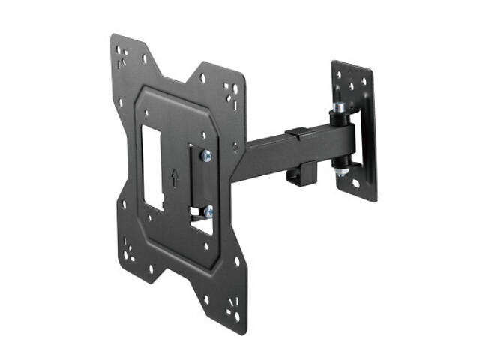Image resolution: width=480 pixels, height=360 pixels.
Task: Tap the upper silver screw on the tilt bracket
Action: (x=205, y=156)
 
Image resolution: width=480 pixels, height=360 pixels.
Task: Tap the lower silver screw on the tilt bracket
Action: (x=208, y=211)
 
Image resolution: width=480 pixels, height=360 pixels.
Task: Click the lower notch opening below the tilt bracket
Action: (x=200, y=222)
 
